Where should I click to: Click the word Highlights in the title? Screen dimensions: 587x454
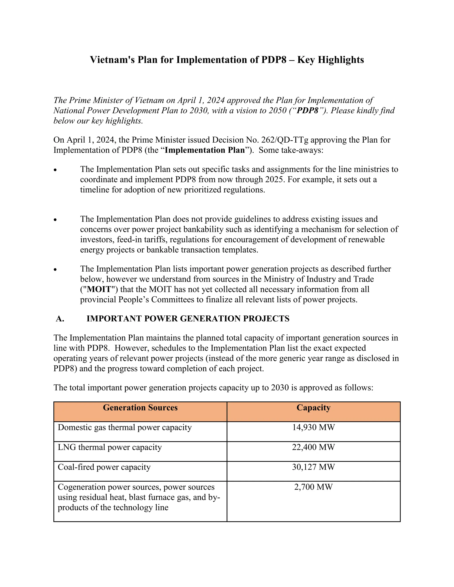click(x=341, y=60)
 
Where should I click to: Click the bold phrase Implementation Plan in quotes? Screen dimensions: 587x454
click(x=205, y=150)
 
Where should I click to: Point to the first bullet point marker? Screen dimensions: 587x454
click(x=55, y=170)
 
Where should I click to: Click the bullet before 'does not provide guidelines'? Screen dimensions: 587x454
click(x=55, y=220)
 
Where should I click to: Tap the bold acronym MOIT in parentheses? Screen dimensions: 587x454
click(x=99, y=289)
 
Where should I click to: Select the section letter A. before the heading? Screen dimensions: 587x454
click(x=60, y=319)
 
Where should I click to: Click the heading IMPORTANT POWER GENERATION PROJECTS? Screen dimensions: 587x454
click(x=188, y=319)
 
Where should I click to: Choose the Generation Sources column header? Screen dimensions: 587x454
click(x=140, y=408)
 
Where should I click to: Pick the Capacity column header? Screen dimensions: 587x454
click(x=313, y=408)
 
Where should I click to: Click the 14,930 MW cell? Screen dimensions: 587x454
click(x=313, y=428)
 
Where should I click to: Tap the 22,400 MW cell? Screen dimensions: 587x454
click(x=313, y=447)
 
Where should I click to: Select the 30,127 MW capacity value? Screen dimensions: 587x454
click(x=313, y=467)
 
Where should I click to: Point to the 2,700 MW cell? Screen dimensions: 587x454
click(x=313, y=487)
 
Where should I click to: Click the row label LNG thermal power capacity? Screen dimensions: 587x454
click(x=110, y=447)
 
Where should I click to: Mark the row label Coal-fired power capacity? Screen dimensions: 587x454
click(x=104, y=467)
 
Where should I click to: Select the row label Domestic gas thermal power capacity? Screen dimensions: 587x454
click(x=125, y=428)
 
